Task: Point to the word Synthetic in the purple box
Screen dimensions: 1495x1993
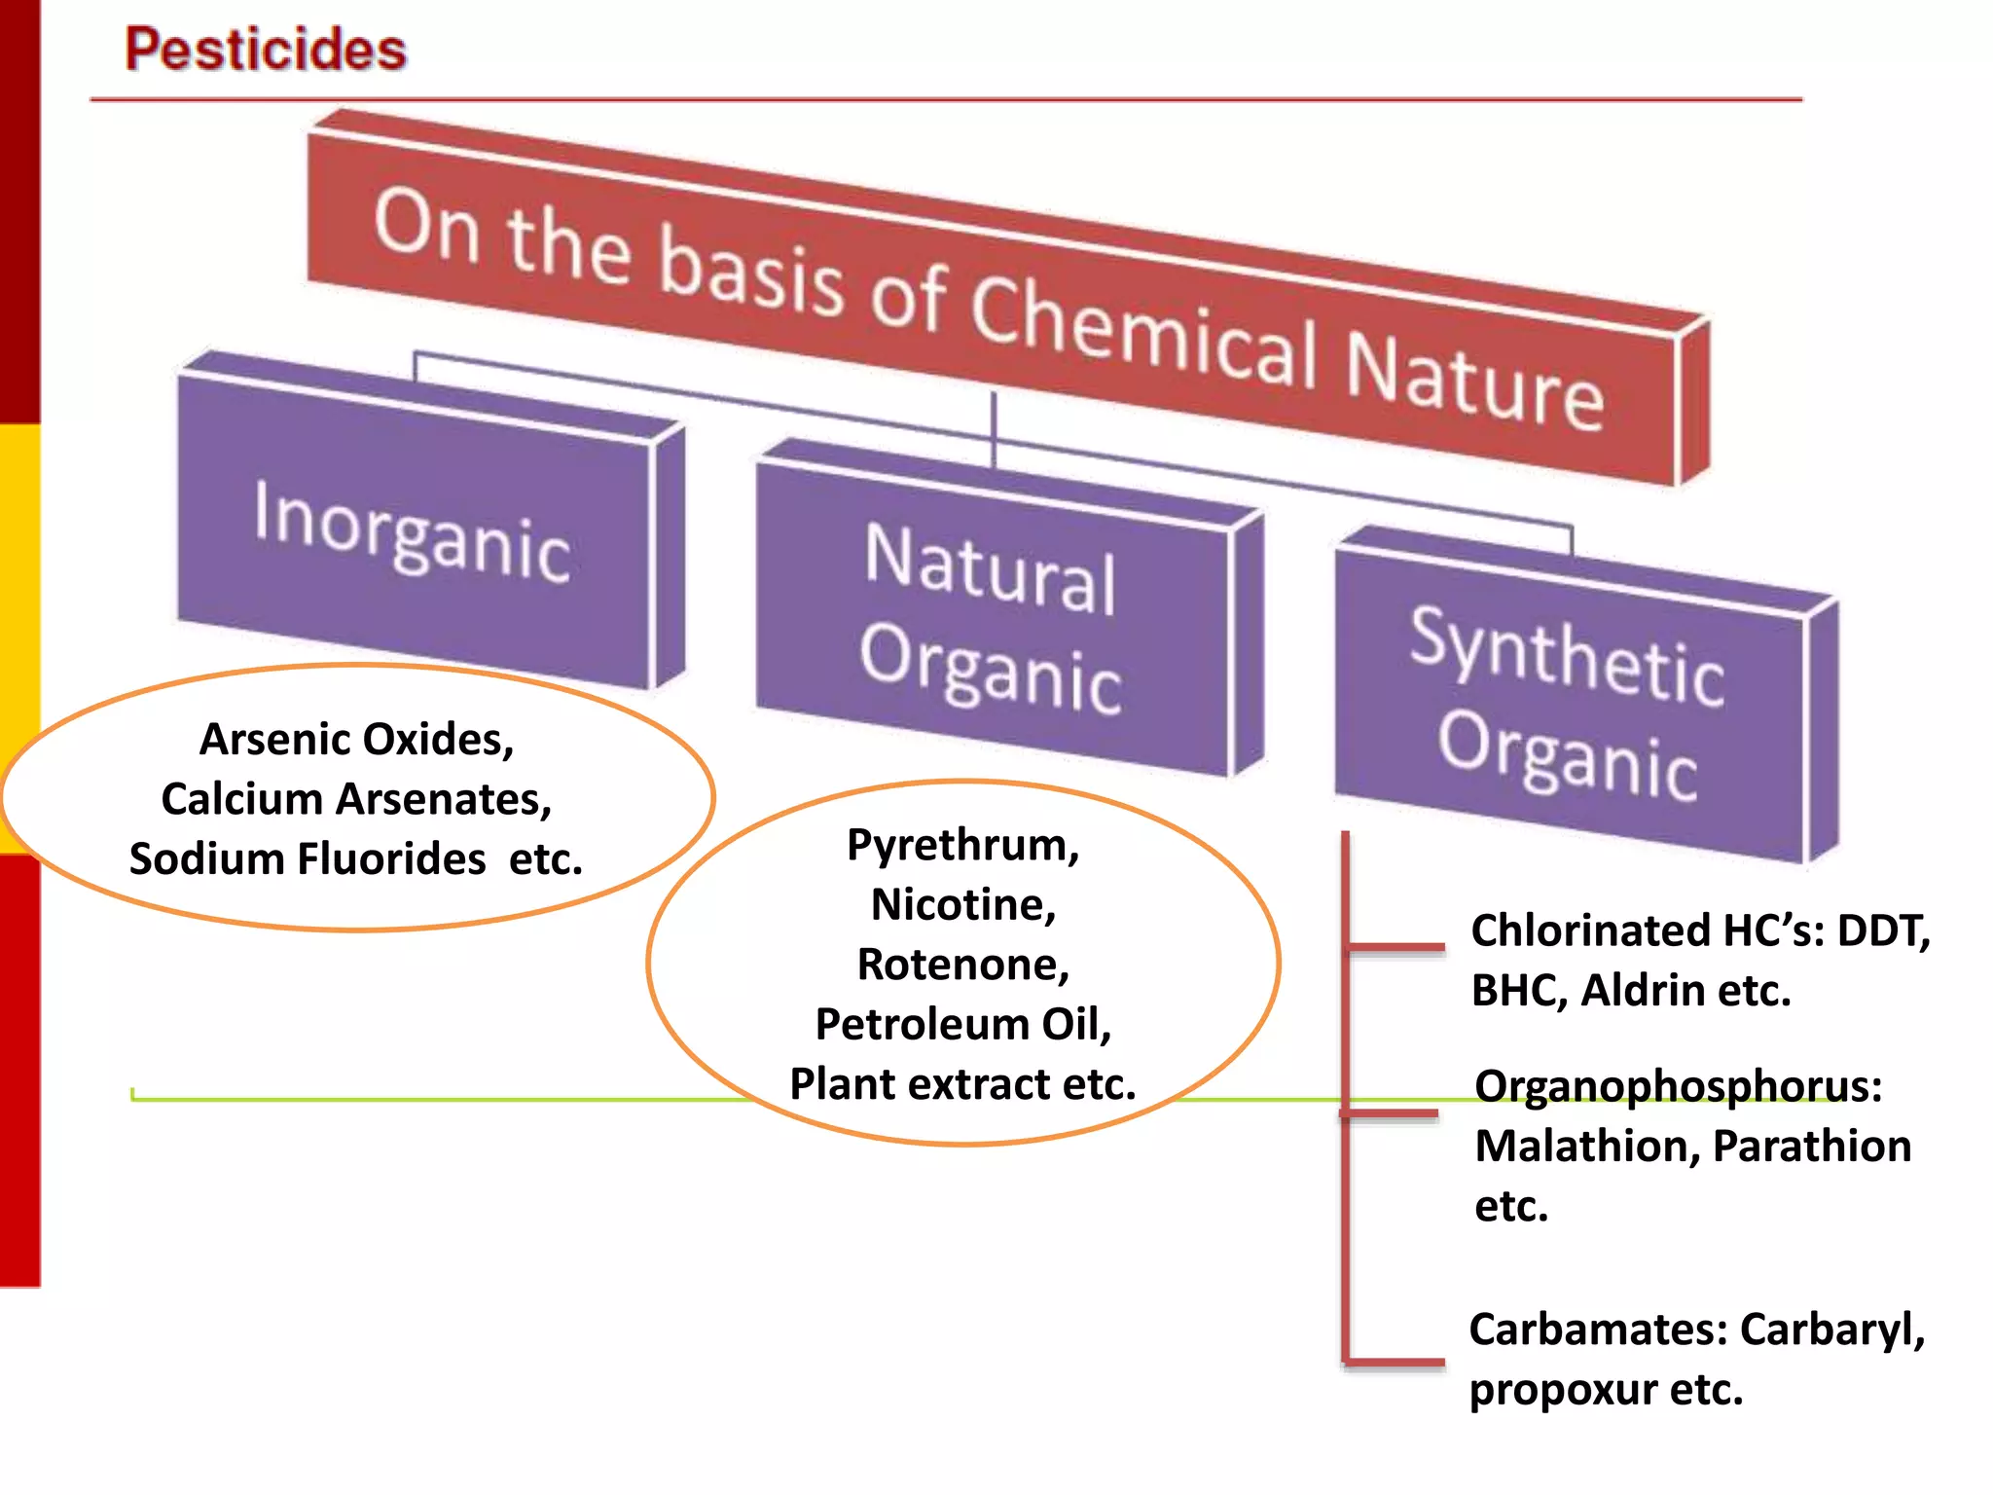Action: click(1567, 656)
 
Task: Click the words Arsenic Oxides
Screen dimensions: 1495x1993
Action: click(356, 740)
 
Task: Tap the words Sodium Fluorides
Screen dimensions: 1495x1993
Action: click(308, 859)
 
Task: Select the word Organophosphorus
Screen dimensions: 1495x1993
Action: click(1678, 1086)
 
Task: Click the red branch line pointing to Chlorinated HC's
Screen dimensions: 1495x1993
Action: click(1395, 946)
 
